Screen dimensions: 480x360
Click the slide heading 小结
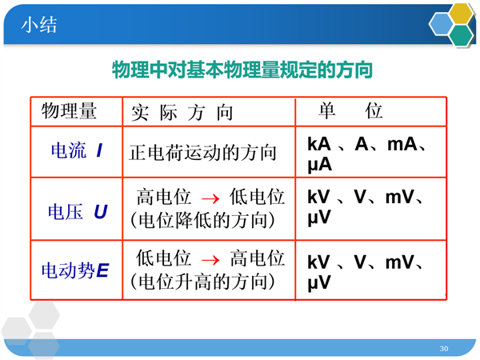tap(39, 25)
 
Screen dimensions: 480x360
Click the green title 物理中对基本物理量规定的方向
tap(242, 70)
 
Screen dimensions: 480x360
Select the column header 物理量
tap(69, 111)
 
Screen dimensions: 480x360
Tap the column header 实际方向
tap(182, 113)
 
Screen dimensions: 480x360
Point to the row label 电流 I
tap(77, 150)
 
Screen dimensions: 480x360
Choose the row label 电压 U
tap(78, 211)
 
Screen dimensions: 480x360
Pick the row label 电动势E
tap(75, 270)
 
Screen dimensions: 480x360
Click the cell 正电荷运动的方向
tap(202, 153)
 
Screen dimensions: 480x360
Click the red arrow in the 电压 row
tap(210, 199)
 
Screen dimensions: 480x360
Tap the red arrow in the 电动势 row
tap(210, 260)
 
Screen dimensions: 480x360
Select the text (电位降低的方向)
tap(202, 220)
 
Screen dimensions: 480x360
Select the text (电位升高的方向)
tap(202, 282)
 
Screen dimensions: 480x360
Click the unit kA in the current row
tap(319, 144)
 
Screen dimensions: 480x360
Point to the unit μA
tap(319, 165)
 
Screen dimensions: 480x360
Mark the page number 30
tap(444, 348)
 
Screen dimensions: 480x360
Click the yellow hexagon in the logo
tap(461, 14)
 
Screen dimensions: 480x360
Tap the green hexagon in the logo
tap(462, 35)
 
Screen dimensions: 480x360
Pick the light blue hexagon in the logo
tap(441, 24)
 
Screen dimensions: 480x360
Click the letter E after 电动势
tap(102, 270)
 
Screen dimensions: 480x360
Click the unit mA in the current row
tap(402, 144)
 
